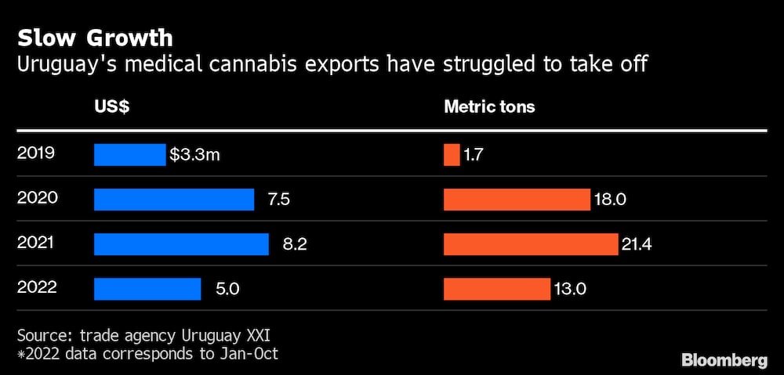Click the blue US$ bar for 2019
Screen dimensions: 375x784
coord(129,155)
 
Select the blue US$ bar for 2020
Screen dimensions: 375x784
coord(174,200)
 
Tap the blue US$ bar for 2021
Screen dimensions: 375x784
coord(181,244)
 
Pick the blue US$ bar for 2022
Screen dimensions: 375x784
coord(147,289)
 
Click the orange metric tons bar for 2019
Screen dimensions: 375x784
coord(452,155)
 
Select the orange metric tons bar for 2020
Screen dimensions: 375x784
coord(517,200)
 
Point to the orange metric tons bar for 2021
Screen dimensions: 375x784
coord(531,244)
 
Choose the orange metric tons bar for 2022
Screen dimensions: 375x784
coord(497,289)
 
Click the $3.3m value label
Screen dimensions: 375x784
coord(194,155)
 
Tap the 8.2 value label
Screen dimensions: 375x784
coord(294,244)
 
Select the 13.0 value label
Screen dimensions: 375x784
coord(571,289)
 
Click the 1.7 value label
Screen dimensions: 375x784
coord(473,155)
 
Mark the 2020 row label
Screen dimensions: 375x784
coord(37,198)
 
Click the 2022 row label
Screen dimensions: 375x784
coord(37,287)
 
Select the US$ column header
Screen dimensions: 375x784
coord(111,107)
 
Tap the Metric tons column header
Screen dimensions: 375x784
coord(489,107)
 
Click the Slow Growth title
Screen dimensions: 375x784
coord(95,38)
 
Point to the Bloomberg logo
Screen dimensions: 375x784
coord(724,359)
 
